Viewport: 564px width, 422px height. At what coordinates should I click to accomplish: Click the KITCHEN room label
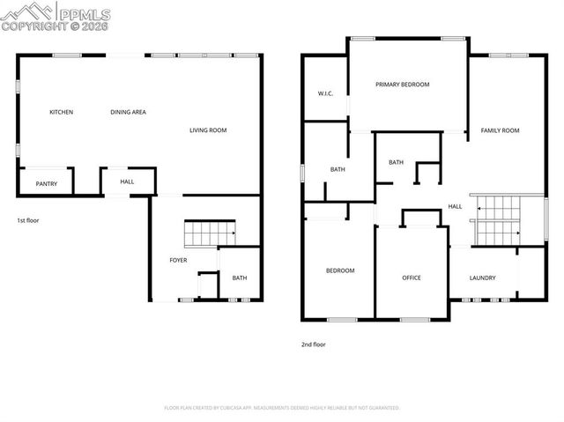point(61,112)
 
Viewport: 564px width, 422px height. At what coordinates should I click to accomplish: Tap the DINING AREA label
point(128,112)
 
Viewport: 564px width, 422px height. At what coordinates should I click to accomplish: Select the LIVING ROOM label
point(208,130)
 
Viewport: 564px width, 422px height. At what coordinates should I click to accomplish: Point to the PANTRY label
point(46,183)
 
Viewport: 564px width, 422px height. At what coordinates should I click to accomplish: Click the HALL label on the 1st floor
point(127,182)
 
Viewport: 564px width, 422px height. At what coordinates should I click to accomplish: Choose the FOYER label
point(179,260)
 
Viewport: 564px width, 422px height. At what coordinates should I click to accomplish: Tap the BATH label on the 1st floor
point(240,278)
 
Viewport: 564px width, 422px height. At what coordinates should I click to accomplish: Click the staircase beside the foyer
point(210,235)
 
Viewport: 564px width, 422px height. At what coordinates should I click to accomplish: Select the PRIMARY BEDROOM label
point(402,85)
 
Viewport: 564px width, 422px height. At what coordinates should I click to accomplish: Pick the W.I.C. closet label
point(324,93)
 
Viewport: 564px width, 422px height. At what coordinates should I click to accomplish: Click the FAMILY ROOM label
point(500,130)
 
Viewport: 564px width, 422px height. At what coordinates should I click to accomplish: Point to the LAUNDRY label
point(482,278)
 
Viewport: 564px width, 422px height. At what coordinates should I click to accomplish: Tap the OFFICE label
point(412,278)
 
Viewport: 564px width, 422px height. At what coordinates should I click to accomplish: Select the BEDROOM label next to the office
point(340,270)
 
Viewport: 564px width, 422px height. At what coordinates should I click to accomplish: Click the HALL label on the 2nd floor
point(455,206)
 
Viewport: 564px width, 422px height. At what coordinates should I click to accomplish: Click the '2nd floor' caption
point(313,344)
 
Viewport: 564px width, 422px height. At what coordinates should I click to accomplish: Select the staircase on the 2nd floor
point(499,220)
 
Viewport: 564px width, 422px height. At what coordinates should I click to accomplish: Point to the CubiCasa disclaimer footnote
point(282,408)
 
